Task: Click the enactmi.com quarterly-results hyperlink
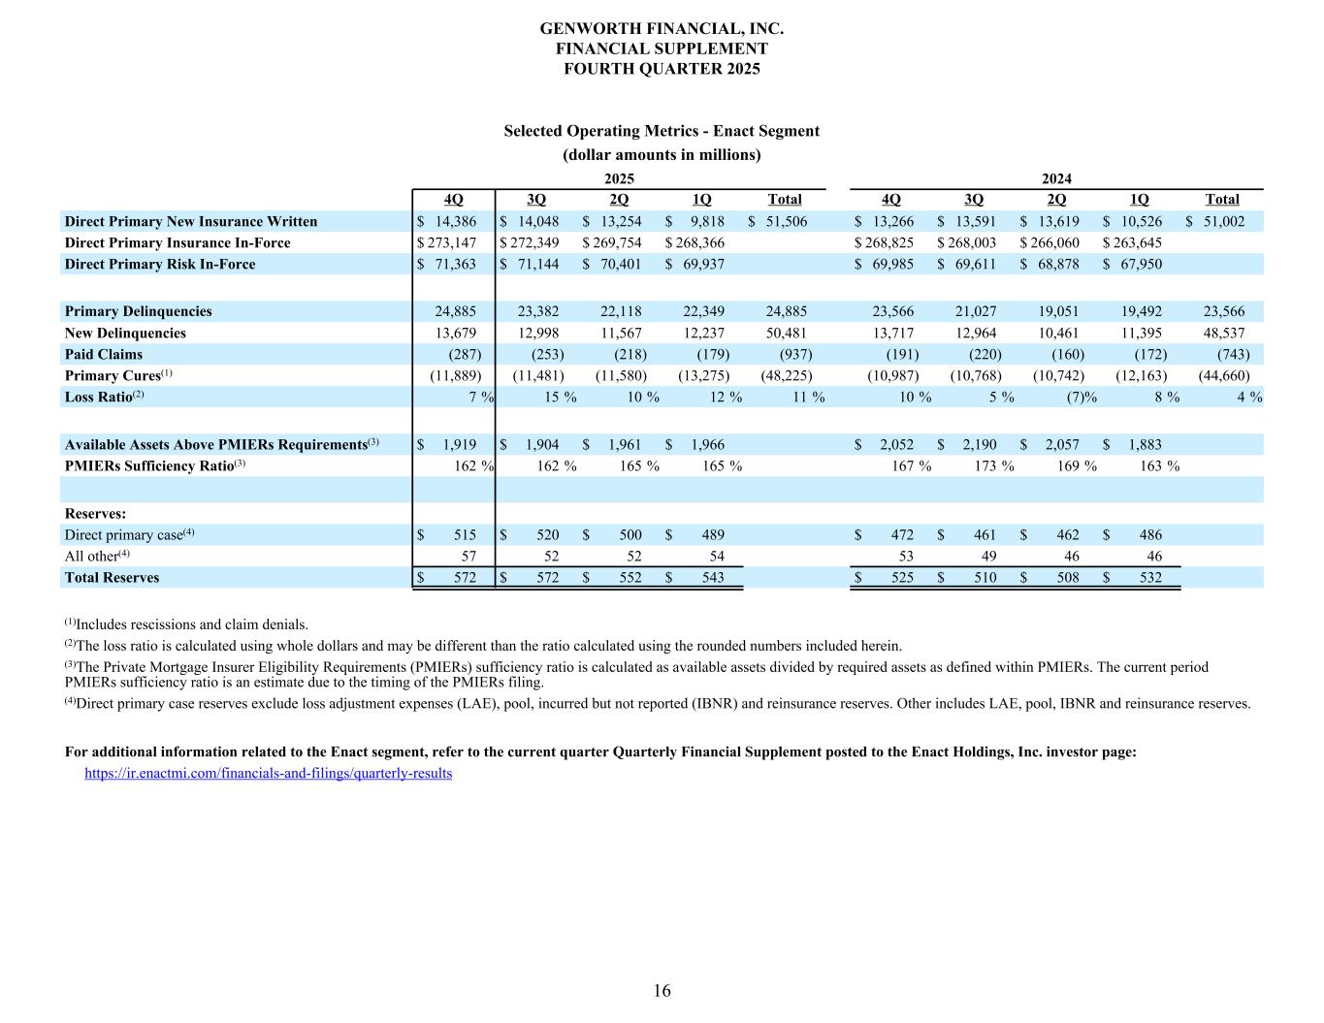point(269,773)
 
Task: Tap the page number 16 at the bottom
point(662,990)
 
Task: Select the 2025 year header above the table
point(619,178)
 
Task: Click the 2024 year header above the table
point(1056,178)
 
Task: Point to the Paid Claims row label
point(104,354)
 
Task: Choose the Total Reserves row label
point(112,577)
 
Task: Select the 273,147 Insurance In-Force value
point(449,242)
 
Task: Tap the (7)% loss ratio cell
point(1075,397)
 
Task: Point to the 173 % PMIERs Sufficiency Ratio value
point(994,465)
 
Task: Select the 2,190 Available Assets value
point(979,444)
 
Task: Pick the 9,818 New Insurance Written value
point(706,221)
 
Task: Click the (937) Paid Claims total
point(791,354)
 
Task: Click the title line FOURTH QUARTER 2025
point(662,68)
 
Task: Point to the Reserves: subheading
point(95,513)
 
